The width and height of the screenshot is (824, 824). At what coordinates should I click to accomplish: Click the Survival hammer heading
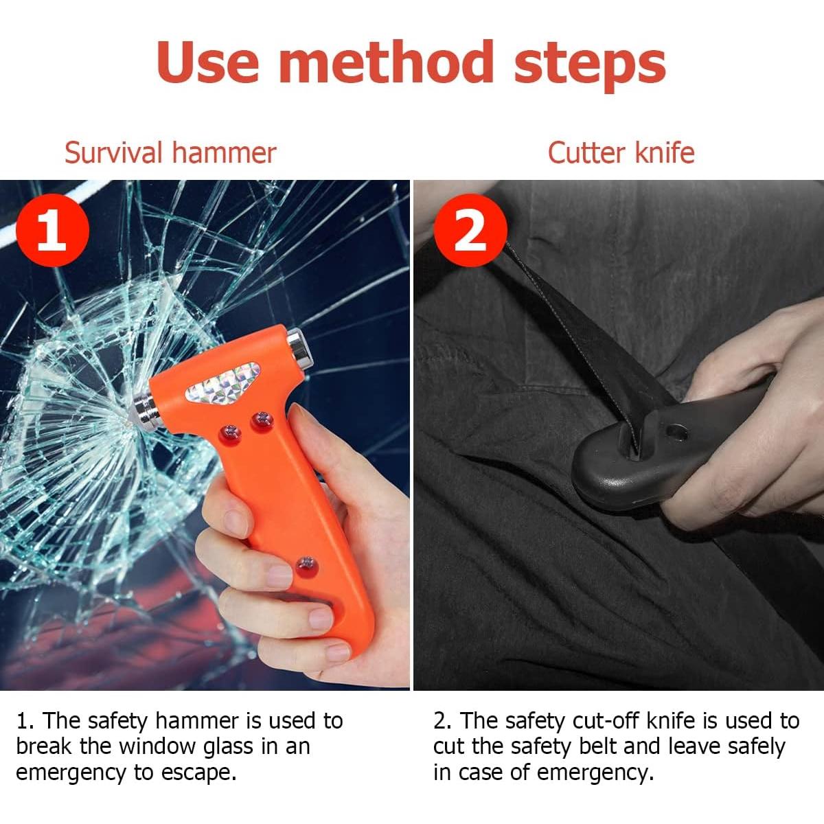tap(170, 152)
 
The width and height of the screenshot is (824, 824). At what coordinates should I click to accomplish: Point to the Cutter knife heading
tap(621, 152)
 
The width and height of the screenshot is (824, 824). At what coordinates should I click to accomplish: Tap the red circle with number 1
tap(52, 231)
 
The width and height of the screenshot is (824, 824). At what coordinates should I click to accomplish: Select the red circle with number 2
tap(470, 231)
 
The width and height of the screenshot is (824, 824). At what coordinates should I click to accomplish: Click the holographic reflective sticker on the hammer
tap(229, 383)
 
